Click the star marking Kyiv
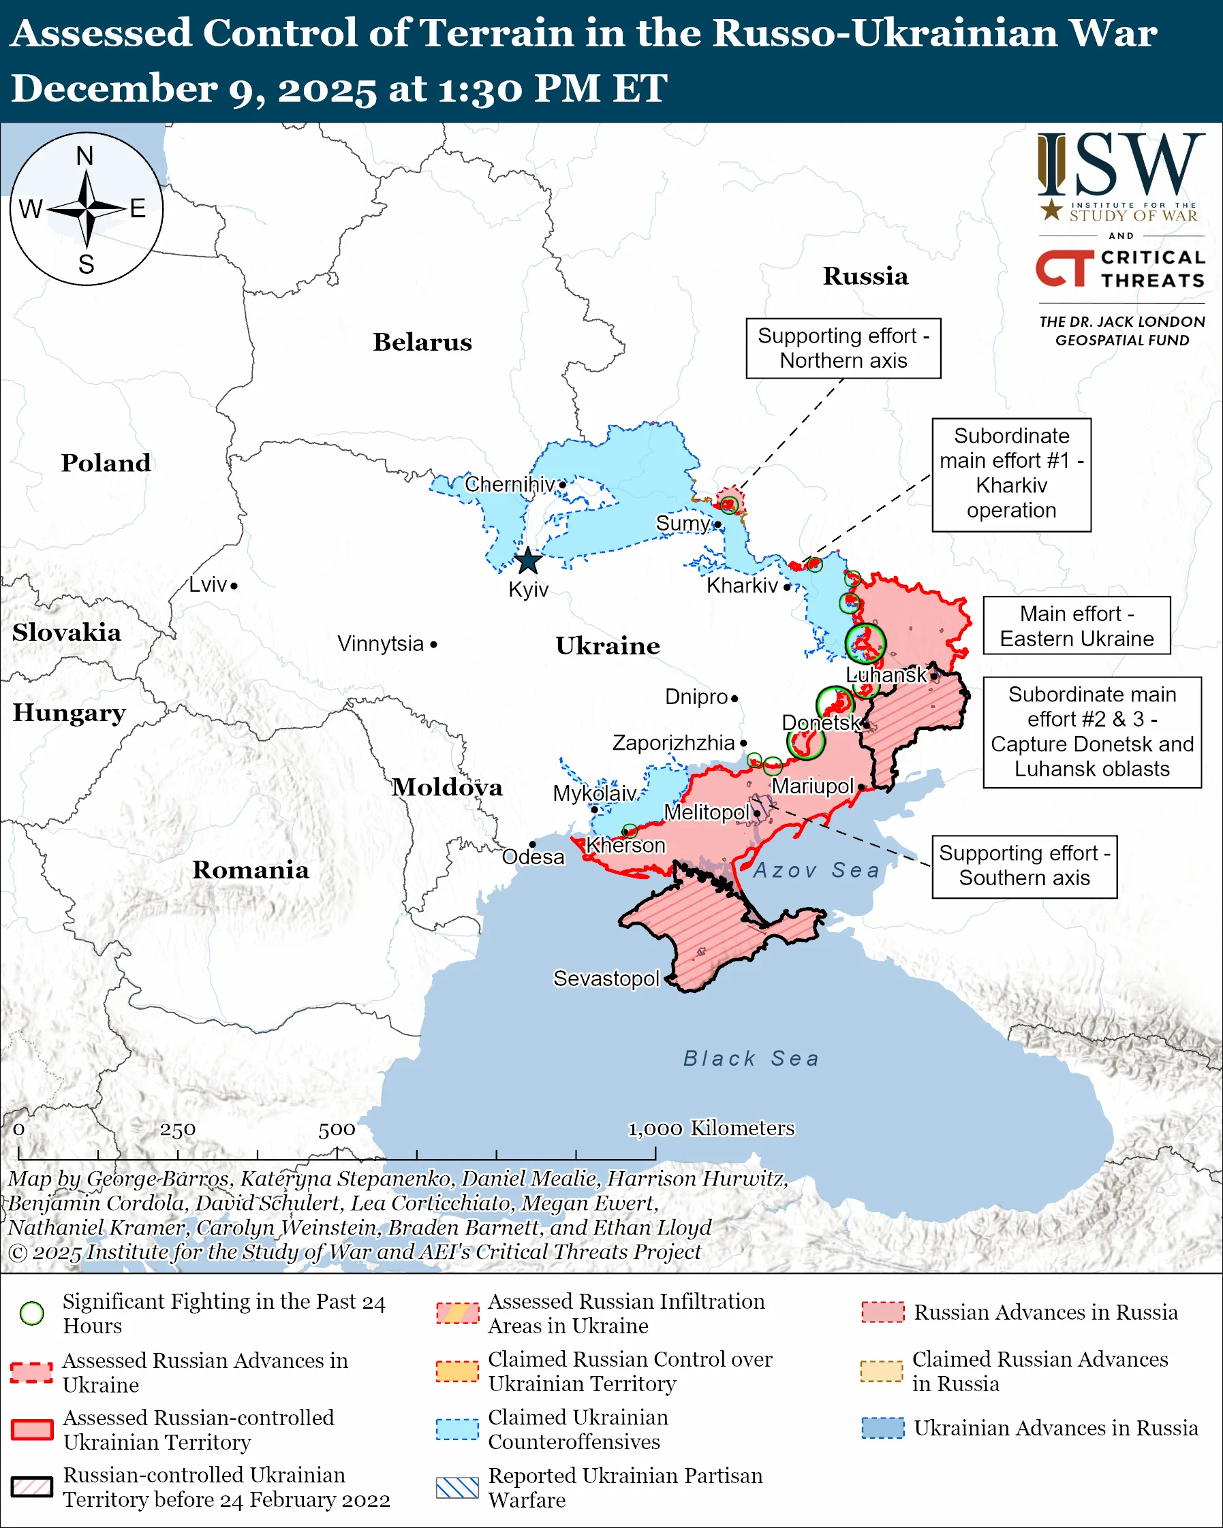coord(527,561)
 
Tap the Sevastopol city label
coord(606,978)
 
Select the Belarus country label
coord(422,343)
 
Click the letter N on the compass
coord(85,156)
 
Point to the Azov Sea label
coord(816,870)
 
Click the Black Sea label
coord(751,1059)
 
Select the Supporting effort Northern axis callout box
coord(843,349)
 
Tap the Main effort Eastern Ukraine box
coord(1077,626)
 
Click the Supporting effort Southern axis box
coord(1024,866)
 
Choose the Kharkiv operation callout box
coord(1011,474)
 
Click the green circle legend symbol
coord(32,1314)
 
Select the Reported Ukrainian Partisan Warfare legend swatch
coord(457,1488)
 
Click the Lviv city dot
coord(234,586)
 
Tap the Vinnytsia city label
coord(381,644)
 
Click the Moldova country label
coord(448,787)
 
